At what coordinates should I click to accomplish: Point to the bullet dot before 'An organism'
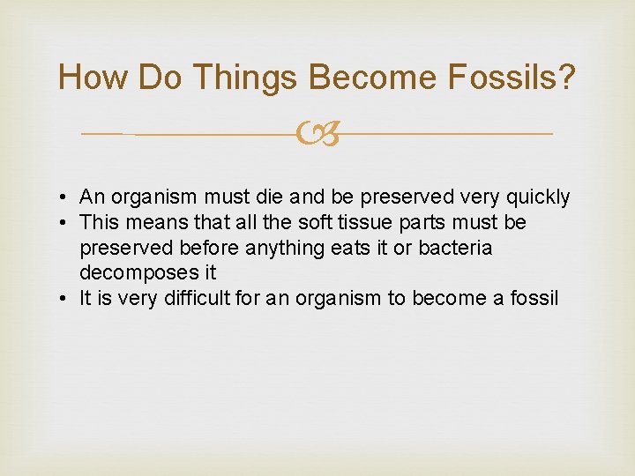(66, 197)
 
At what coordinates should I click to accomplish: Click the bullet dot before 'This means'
(66, 223)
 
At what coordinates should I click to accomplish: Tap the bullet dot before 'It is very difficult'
(66, 299)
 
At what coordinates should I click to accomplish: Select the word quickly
(539, 197)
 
